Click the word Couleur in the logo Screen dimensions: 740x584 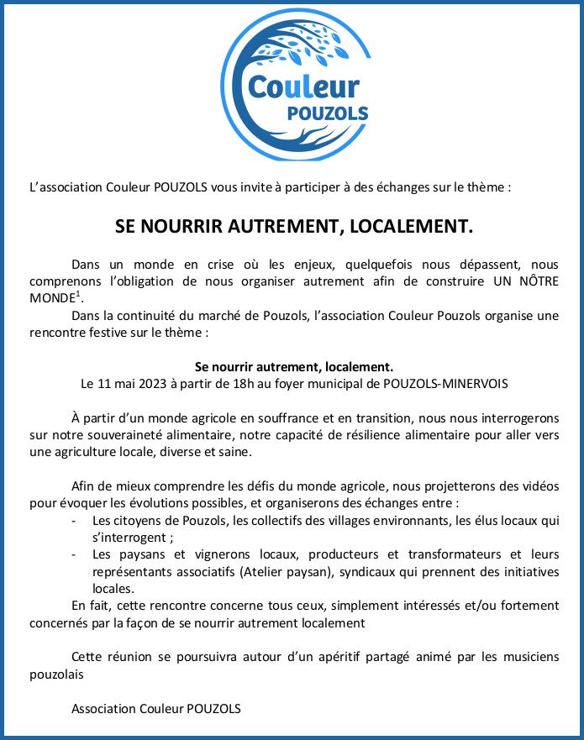point(303,87)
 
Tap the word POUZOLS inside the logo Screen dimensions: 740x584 point(333,113)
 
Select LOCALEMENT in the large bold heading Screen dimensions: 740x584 point(410,227)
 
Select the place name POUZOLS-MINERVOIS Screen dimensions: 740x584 point(446,383)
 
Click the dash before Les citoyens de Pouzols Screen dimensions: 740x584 point(76,521)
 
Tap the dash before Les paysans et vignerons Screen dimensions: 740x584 point(76,555)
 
